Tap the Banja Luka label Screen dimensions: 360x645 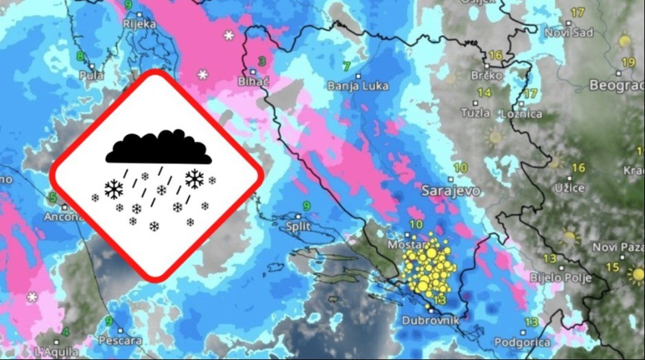point(357,86)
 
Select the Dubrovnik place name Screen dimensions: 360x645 point(430,319)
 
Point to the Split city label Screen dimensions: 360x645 point(299,226)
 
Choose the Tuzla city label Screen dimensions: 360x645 point(476,112)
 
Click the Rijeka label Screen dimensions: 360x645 point(140,24)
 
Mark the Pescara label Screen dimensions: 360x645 point(119,340)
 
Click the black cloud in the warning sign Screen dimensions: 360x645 point(158,147)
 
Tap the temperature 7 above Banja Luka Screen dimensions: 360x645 point(347,66)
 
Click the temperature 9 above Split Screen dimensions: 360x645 point(306,206)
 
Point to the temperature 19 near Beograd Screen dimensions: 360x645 point(628,62)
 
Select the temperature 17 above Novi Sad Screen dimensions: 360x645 point(577,12)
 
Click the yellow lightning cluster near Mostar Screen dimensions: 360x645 point(427,267)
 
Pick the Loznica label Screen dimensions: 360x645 point(522,113)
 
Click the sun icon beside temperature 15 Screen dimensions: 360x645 point(635,274)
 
